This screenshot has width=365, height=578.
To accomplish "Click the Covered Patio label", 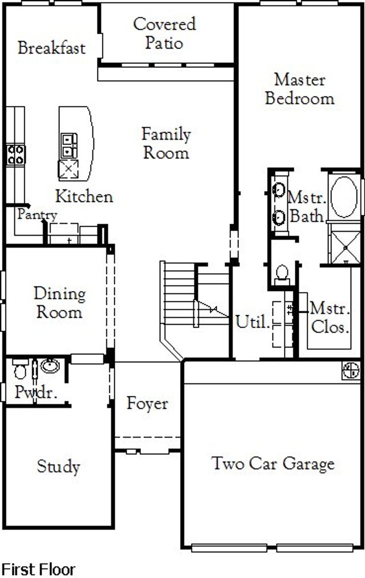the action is (164, 33).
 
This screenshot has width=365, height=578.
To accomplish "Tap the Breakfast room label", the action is (51, 48).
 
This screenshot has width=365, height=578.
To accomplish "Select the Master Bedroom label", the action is (300, 89).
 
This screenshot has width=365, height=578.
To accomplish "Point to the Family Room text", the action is (166, 143).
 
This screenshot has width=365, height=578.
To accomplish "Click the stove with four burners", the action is (16, 155).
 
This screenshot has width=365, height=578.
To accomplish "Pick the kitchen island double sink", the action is (69, 145).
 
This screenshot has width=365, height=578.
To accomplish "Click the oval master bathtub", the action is (344, 196).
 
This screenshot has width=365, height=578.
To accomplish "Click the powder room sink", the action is (50, 366).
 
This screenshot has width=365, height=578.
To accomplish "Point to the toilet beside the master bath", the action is (282, 275).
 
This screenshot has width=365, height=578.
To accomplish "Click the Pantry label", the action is (37, 215).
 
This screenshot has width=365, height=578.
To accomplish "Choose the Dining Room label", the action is (59, 302).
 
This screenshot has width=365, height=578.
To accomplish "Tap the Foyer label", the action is (147, 403).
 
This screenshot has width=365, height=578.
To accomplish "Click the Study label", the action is (58, 466).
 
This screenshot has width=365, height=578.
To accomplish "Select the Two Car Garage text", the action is (273, 464).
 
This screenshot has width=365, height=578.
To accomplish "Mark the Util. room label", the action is (253, 322).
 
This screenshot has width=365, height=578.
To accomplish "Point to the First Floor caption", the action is (39, 569).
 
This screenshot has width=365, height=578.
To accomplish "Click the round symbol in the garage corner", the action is (351, 370).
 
